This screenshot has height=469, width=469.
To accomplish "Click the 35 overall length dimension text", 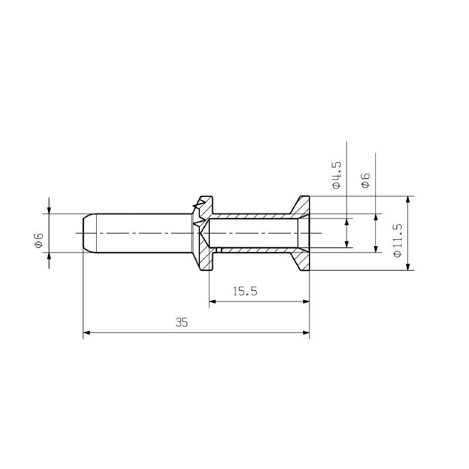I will point(181,322).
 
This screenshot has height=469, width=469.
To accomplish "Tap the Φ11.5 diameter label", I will point(397,239).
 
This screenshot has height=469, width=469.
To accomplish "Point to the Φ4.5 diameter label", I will point(336,174).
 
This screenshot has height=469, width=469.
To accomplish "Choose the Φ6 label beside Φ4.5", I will point(365,180).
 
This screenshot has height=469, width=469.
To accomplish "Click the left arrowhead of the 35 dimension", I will point(87,333).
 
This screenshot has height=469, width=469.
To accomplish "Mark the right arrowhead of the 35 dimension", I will point(305,333).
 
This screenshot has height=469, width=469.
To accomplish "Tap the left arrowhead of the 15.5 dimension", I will point(213,302).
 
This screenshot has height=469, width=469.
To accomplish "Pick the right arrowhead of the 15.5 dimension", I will point(305,302).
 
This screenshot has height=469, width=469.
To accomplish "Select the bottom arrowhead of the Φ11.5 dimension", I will point(408,266).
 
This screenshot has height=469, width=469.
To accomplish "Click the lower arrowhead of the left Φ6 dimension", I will point(49,257).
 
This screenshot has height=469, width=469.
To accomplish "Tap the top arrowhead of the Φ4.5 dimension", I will point(347,222).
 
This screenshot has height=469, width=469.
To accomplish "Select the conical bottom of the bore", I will point(205,233).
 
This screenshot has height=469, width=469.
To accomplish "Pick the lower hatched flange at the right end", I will point(301,260).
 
